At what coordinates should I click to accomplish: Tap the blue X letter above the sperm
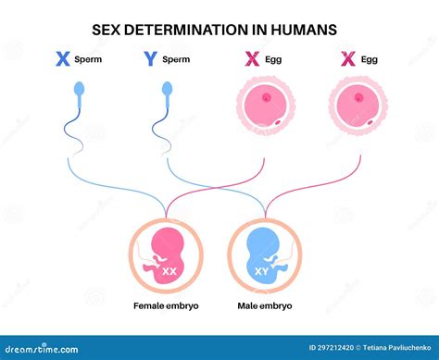coord(63,59)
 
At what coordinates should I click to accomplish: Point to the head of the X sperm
coord(80,89)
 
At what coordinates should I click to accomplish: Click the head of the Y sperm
coord(168,89)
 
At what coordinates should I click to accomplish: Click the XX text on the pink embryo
coord(169,272)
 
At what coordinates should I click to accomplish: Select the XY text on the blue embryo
coord(263,272)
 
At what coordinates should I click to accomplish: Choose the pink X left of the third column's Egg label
coord(251,59)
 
